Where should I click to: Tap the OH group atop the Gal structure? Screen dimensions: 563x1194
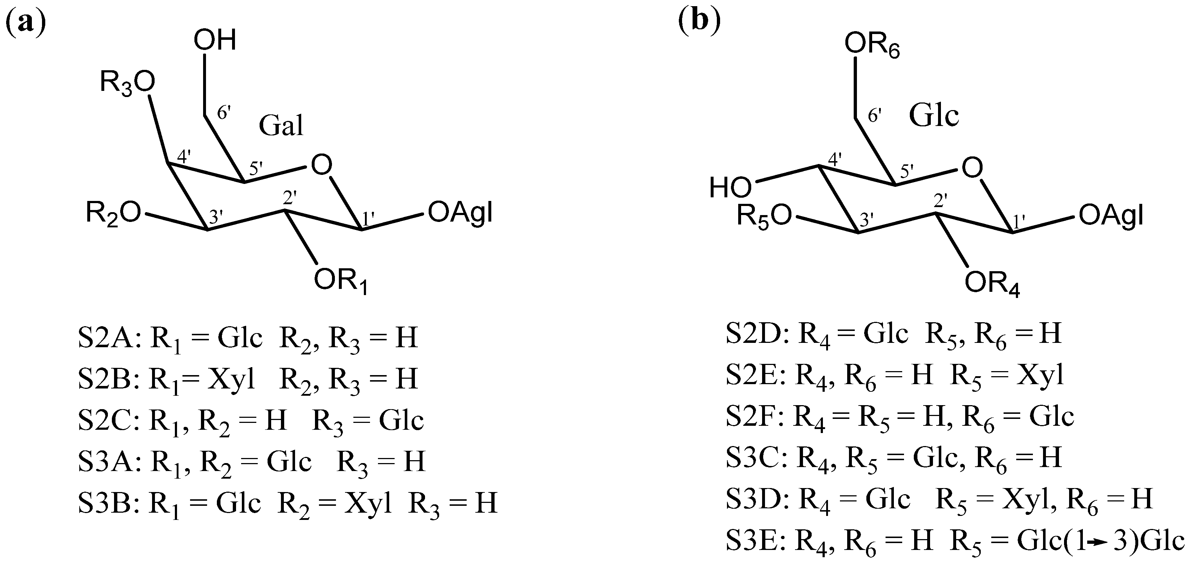point(215,40)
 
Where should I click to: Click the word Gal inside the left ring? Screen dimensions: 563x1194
point(281,126)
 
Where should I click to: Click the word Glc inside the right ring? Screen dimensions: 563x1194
point(933,115)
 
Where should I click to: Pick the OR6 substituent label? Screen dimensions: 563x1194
point(872,45)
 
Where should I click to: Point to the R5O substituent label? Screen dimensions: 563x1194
point(764,217)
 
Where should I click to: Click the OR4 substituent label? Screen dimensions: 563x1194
point(992,283)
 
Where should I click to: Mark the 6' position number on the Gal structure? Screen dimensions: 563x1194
point(224,113)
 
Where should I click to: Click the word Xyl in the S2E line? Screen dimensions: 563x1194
point(1040,375)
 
